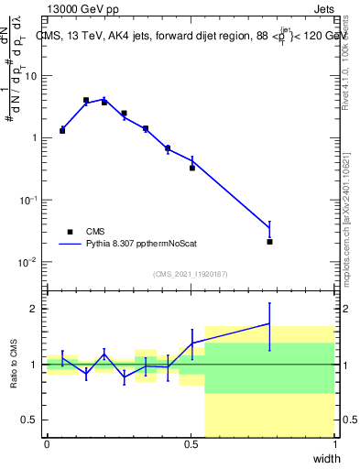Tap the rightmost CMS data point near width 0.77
(x=269, y=242)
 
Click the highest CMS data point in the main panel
(x=86, y=100)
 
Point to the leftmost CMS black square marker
(x=62, y=130)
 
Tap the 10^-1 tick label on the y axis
(x=27, y=200)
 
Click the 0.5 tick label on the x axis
(x=191, y=445)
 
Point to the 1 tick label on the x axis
(x=335, y=445)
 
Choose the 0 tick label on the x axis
(x=47, y=445)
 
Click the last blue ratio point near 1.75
(x=269, y=323)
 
